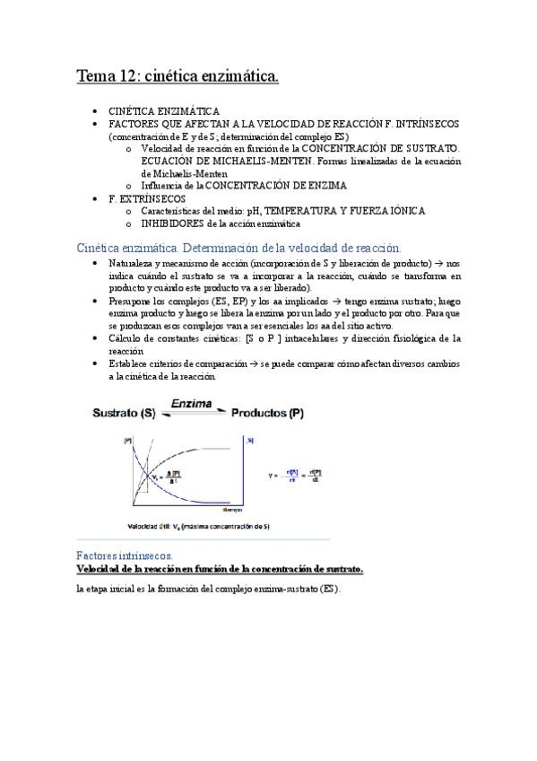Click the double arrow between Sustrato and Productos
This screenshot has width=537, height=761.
point(192,416)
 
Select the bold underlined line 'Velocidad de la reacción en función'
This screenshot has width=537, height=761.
point(220,569)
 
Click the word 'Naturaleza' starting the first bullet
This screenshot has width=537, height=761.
point(131,263)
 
